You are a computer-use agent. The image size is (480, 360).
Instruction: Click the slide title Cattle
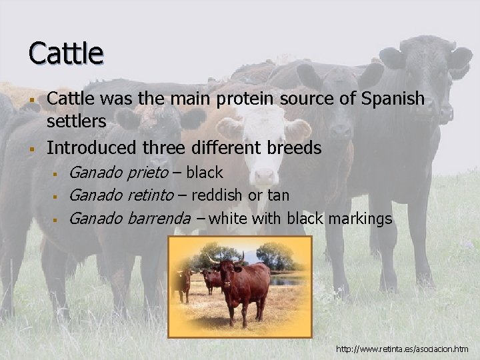(65, 53)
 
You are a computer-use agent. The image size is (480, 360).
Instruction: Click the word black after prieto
(205, 173)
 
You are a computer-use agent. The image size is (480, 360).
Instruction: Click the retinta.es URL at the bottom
(402, 349)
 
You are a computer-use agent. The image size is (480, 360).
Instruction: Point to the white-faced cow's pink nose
(264, 176)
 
